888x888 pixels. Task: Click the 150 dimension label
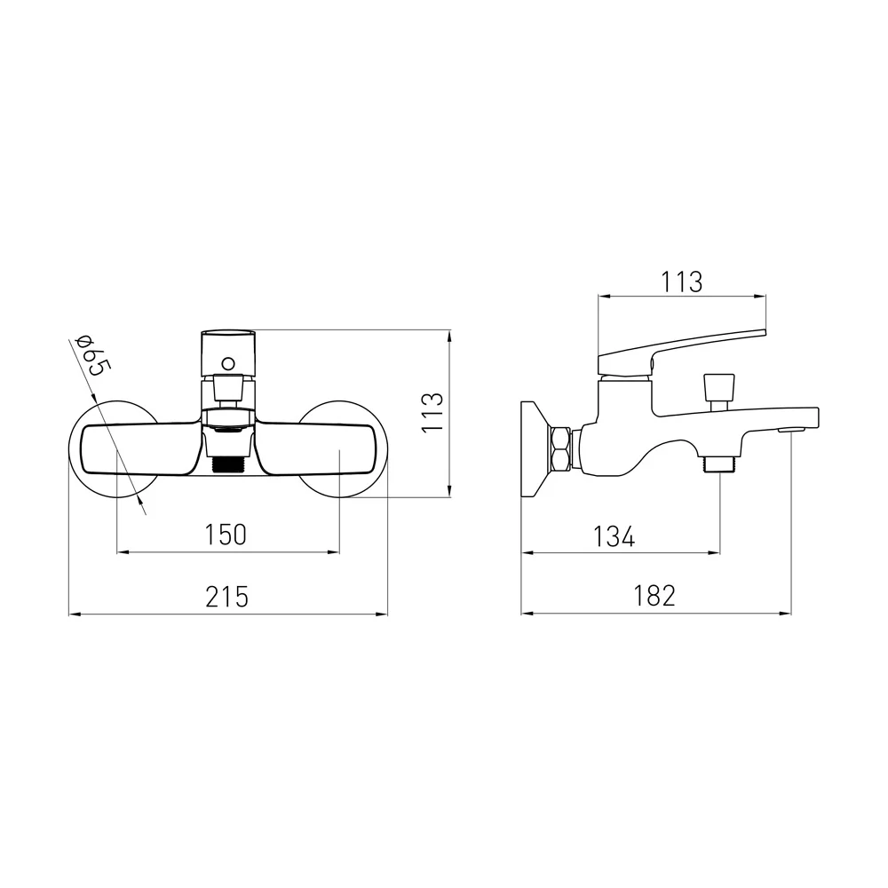coord(226,535)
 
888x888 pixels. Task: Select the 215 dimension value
coord(226,597)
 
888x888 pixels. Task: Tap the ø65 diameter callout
coord(92,355)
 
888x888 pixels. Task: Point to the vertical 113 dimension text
coord(432,412)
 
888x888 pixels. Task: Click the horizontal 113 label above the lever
coord(681,282)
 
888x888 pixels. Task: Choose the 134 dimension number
coord(614,536)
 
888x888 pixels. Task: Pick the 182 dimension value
coord(654,596)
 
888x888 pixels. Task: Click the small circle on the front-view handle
coord(227,363)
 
